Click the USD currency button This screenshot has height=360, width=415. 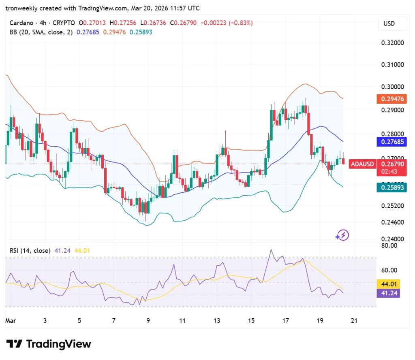tap(389, 23)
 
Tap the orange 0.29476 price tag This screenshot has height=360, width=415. tap(391, 99)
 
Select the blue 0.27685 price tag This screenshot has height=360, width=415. tap(391, 142)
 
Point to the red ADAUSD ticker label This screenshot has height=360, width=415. tap(362, 164)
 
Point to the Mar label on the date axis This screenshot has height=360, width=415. tap(10, 321)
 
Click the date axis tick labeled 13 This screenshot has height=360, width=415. tap(217, 321)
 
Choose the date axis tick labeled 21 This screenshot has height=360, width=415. tap(354, 321)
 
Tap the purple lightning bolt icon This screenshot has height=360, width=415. tap(342, 235)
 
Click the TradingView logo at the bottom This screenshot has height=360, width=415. tap(49, 344)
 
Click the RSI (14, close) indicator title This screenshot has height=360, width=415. tap(30, 251)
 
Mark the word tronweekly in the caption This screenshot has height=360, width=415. tap(21, 8)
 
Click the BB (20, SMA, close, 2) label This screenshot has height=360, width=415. tap(41, 32)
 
